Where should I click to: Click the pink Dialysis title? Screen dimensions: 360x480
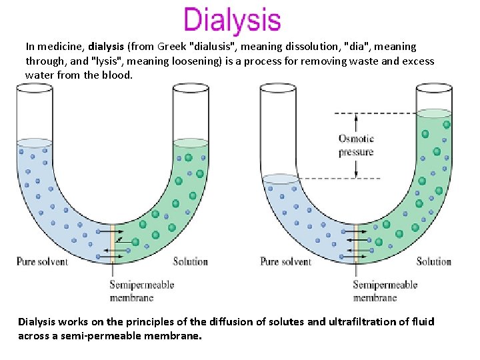[x=232, y=20]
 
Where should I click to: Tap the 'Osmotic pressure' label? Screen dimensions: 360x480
[x=356, y=145]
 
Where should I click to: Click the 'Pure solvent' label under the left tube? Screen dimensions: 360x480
[x=42, y=261]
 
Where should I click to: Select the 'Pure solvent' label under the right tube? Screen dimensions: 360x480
[x=286, y=261]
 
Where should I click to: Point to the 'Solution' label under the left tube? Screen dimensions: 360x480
[x=191, y=261]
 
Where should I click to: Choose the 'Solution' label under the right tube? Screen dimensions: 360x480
[x=434, y=261]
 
